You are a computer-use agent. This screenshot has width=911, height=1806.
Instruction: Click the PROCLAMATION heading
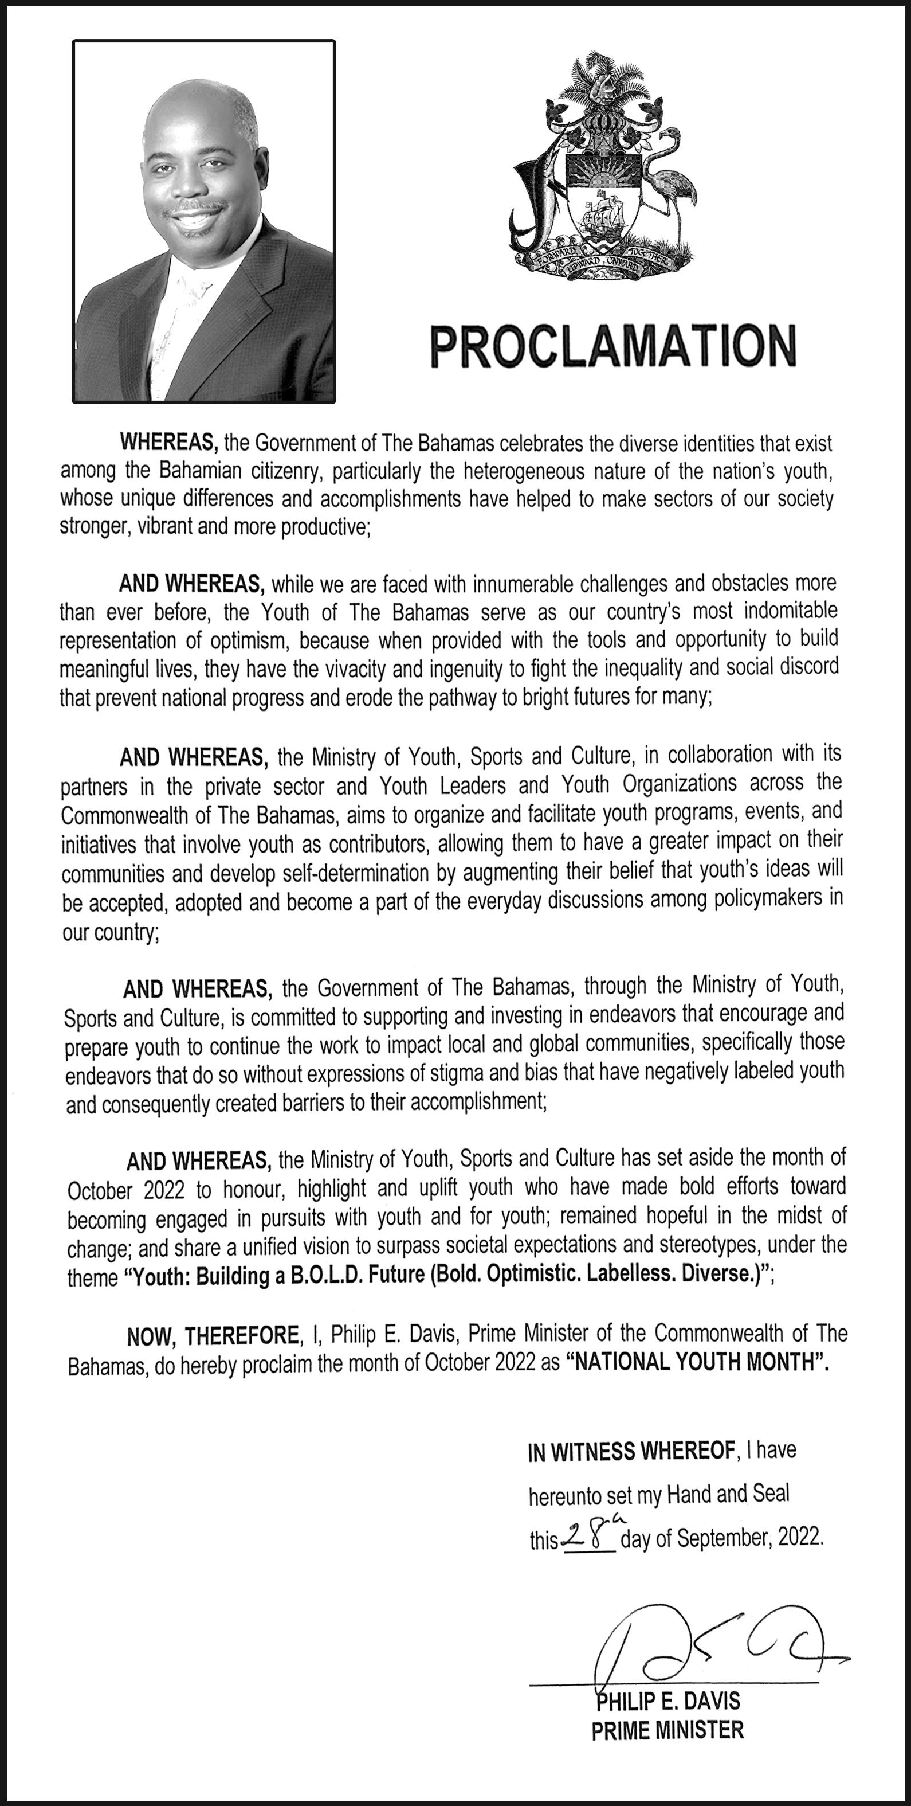(613, 346)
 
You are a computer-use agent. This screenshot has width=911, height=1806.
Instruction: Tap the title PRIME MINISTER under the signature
(667, 1730)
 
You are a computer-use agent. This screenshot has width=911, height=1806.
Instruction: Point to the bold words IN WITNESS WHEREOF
(631, 1452)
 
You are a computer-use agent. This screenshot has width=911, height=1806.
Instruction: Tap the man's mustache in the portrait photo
(195, 208)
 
